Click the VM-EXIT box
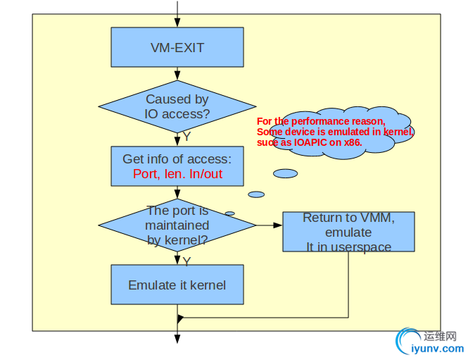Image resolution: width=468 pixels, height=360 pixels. (177, 47)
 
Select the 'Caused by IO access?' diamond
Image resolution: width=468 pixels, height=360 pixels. (177, 106)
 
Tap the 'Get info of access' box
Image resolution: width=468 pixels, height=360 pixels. (177, 159)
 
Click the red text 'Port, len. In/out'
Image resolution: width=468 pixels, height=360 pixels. (177, 174)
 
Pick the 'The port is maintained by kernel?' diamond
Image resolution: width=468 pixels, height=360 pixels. (177, 225)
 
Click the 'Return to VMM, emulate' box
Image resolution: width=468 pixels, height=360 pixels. (348, 232)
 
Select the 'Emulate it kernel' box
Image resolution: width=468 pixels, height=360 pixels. (177, 285)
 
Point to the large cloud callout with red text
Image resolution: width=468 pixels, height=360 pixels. (335, 130)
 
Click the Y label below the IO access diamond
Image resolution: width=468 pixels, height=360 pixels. (186, 137)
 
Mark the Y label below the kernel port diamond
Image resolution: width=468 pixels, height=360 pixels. (186, 261)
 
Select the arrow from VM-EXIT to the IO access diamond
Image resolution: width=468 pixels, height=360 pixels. (177, 73)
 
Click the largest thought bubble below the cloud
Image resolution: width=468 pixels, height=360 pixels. (285, 173)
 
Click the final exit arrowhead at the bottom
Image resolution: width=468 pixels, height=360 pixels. (177, 339)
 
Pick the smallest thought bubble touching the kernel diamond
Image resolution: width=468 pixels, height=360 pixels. (229, 213)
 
